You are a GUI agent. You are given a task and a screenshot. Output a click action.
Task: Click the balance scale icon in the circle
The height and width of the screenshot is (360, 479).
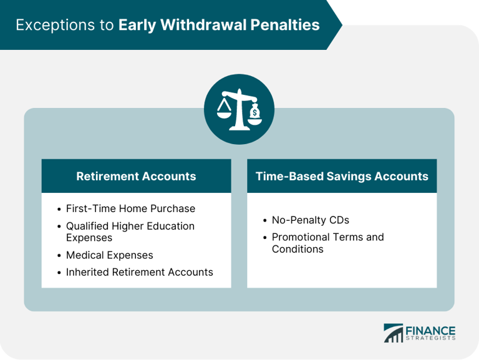tap(239, 109)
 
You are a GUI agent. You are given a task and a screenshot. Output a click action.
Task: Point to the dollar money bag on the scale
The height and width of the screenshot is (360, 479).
tap(254, 113)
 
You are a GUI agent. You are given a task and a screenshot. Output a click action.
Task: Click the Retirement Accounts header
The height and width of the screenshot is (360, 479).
tap(136, 176)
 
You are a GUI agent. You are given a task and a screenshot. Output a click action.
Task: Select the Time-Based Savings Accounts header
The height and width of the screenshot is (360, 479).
tap(342, 176)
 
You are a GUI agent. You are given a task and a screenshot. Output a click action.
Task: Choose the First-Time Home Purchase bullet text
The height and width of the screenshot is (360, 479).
tap(130, 208)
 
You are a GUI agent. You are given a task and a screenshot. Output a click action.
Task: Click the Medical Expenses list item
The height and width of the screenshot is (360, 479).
tap(109, 255)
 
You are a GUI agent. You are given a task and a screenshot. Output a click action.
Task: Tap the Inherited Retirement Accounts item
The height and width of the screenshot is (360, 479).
tap(139, 272)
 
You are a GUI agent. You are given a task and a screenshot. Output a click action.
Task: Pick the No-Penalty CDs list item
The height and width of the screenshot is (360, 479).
tap(311, 220)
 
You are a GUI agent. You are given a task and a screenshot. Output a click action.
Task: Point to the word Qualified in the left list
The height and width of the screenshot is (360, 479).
tap(88, 226)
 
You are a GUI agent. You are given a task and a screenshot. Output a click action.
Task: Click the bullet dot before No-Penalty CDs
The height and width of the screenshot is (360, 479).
tap(264, 221)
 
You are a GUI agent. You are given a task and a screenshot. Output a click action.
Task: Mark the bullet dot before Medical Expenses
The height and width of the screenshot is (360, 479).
tap(59, 255)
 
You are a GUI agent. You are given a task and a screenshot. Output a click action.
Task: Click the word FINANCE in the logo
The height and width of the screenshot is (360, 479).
tap(430, 330)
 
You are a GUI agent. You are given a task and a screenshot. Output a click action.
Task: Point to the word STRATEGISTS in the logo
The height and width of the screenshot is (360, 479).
tap(430, 339)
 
